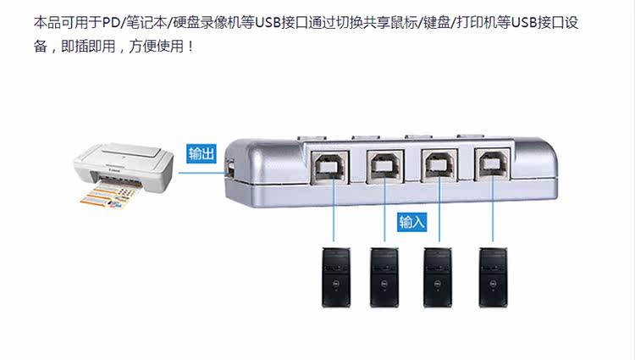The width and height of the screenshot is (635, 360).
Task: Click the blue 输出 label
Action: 202,153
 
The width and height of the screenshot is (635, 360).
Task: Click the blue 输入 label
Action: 411,222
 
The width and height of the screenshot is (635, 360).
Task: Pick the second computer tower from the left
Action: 384,277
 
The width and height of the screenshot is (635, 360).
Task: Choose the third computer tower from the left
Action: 438,277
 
